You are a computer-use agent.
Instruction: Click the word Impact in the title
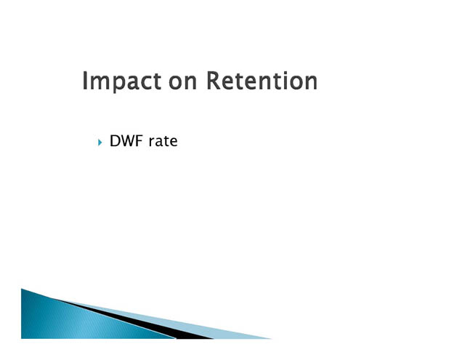(x=121, y=81)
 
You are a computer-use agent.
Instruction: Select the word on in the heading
(x=182, y=82)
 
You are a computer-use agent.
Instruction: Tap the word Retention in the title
(x=262, y=81)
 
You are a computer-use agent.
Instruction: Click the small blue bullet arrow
(x=100, y=143)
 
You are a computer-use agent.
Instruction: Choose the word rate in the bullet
(x=163, y=141)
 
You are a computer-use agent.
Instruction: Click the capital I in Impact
(x=84, y=81)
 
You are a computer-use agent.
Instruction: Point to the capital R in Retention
(x=213, y=81)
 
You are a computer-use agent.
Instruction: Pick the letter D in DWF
(x=115, y=140)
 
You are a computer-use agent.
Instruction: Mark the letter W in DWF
(x=128, y=140)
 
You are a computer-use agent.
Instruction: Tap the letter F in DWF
(x=140, y=140)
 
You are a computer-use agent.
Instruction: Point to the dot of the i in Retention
(x=285, y=73)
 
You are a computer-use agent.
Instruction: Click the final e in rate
(x=174, y=143)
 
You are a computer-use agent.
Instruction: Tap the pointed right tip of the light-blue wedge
(x=271, y=338)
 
